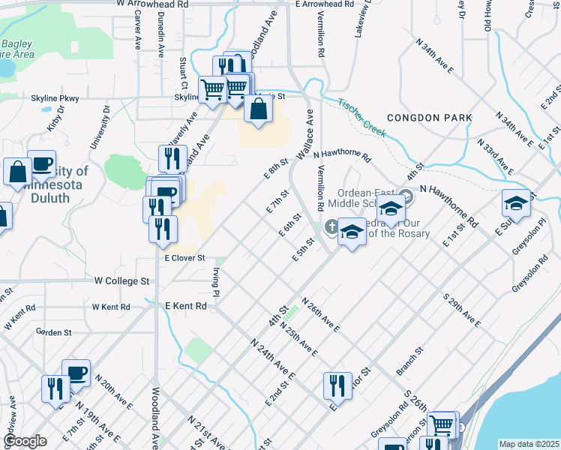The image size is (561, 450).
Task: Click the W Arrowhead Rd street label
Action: pos(152,4)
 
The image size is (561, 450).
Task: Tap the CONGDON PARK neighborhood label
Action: pos(430,118)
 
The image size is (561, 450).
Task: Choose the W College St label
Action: pos(122,281)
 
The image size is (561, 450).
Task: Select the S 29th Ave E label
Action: pos(462,310)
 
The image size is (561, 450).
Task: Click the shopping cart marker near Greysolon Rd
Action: pos(442,424)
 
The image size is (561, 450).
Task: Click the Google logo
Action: pos(25,441)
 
